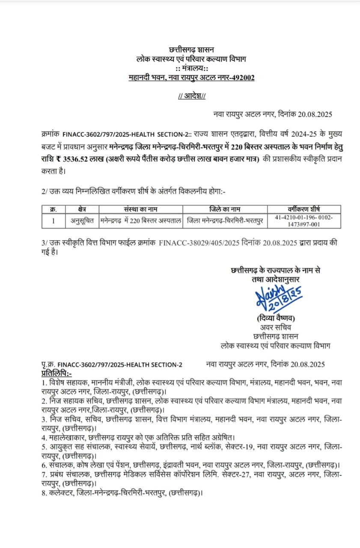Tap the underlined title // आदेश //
point(191,96)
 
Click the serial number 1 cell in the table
point(54,221)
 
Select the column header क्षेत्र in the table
point(83,209)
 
